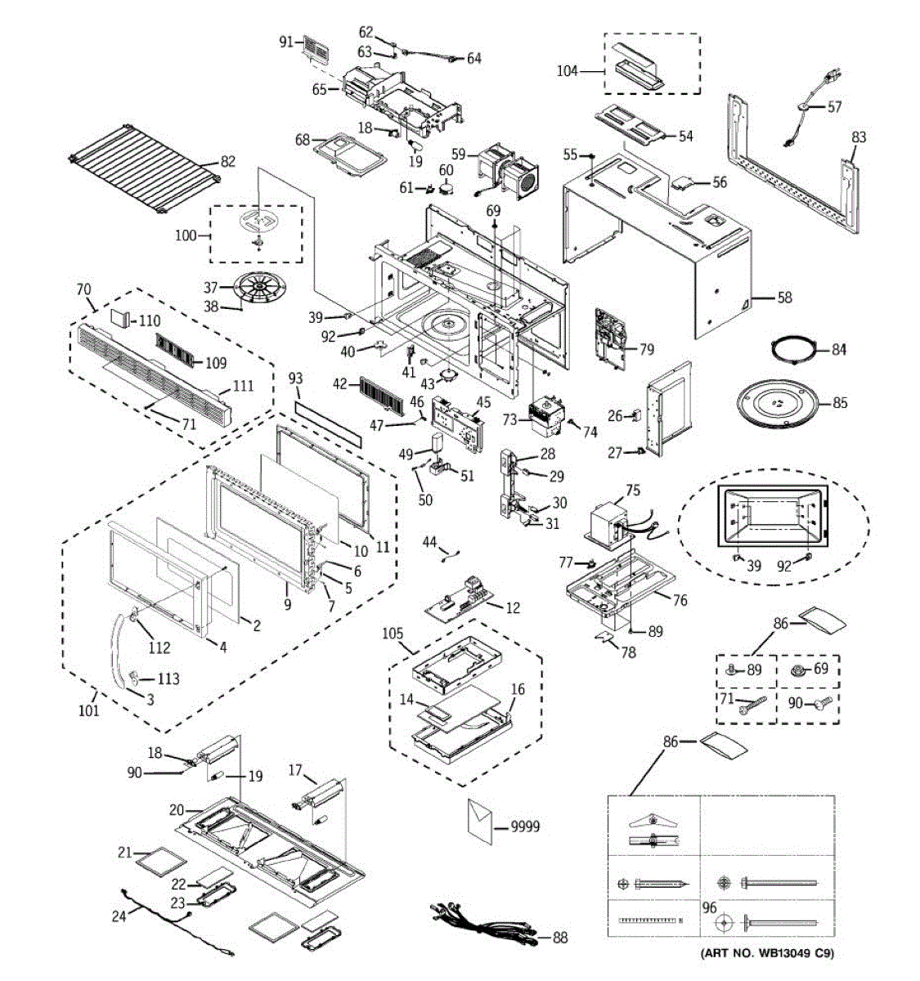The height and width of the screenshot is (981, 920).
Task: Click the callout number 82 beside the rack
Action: coord(227,161)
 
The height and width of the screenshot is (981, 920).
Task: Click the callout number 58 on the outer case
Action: coord(784,298)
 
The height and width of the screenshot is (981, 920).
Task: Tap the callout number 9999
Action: coord(525,826)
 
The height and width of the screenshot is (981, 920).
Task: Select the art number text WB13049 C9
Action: coord(768,953)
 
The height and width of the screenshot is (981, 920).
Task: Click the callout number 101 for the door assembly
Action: coord(88,710)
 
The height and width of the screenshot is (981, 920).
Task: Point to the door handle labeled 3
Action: coord(119,646)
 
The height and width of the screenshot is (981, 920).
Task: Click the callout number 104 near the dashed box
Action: coord(567,71)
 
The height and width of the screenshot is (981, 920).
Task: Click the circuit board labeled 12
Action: coord(458,600)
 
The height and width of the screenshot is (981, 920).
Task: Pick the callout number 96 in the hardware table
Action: coord(709,907)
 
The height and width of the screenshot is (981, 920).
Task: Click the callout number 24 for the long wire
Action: coord(119,916)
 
